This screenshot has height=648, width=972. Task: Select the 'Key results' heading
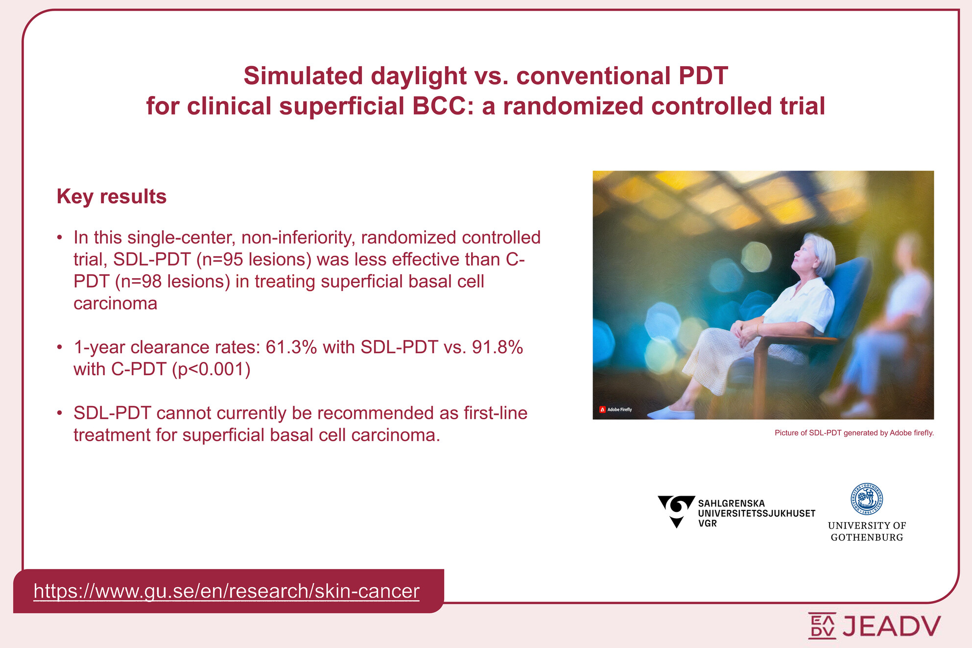(x=112, y=196)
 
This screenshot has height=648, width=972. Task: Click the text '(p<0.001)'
(x=211, y=369)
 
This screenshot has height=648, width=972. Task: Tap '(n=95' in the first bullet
(x=220, y=260)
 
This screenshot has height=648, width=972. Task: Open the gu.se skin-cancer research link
(x=227, y=591)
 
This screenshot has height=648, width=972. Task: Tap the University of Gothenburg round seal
(x=867, y=499)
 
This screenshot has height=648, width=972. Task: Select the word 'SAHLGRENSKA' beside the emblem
(x=731, y=503)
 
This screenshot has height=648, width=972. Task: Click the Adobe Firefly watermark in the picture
(x=616, y=409)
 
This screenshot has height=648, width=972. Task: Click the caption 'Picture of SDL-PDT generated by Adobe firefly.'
(x=854, y=433)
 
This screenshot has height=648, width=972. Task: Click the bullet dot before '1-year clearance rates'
(x=59, y=347)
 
